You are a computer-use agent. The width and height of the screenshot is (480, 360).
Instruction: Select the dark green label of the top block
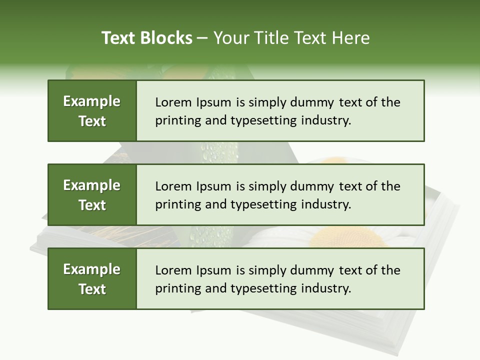[92, 111]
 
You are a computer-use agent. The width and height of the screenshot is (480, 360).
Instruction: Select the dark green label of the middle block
[92, 195]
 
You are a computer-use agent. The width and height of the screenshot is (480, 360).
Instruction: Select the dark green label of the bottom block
[92, 279]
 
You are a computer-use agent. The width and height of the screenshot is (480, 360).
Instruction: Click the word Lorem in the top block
[172, 102]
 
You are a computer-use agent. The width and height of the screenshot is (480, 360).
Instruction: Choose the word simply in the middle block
[268, 186]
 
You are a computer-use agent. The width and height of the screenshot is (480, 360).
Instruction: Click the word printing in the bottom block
[173, 289]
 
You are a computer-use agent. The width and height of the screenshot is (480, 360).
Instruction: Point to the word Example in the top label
[92, 101]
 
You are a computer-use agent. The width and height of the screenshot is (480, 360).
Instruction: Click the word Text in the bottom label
[92, 289]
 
